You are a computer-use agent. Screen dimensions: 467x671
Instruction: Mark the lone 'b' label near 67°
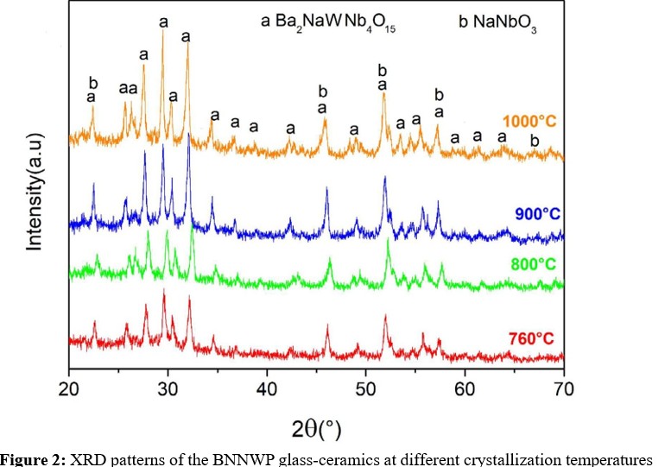click(535, 141)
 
